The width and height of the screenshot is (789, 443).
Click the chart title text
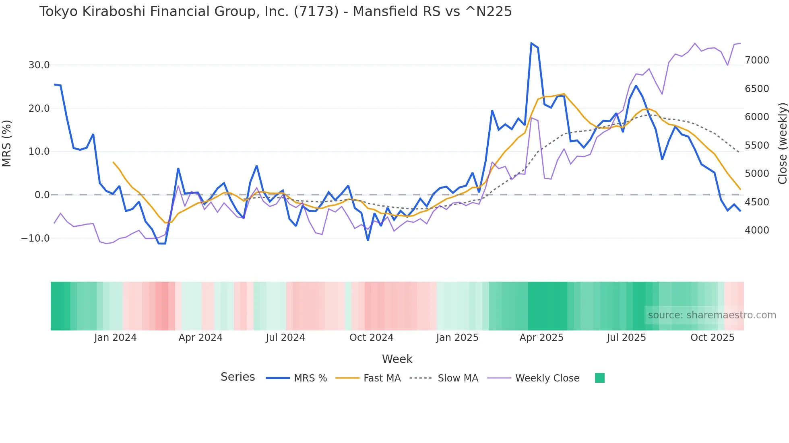click(x=275, y=12)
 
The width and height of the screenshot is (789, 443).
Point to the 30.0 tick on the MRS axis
click(x=39, y=65)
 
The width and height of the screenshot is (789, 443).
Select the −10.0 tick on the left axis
click(x=35, y=238)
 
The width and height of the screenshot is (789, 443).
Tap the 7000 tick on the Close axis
click(x=757, y=60)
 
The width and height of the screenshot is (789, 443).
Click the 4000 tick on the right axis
click(x=757, y=230)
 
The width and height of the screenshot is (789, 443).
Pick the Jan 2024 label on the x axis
click(x=116, y=338)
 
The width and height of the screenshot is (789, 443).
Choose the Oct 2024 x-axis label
click(x=371, y=338)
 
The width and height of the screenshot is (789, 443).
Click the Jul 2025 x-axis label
click(x=626, y=338)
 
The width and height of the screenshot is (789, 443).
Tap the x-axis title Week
click(x=397, y=359)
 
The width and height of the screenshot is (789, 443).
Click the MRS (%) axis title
click(x=7, y=143)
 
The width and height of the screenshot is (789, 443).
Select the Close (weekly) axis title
click(x=782, y=143)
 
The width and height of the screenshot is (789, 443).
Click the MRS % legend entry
click(x=310, y=378)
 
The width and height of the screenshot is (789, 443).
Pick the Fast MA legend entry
click(x=382, y=378)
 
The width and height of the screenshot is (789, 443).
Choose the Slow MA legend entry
click(x=458, y=378)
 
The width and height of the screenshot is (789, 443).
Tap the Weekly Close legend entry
click(x=547, y=378)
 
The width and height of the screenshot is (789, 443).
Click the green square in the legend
click(x=600, y=378)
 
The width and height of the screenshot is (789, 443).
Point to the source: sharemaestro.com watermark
click(x=712, y=315)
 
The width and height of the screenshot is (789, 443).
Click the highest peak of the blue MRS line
click(x=531, y=43)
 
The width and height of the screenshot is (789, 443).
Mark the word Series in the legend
click(x=238, y=377)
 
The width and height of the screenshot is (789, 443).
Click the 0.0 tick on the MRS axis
click(x=42, y=195)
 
